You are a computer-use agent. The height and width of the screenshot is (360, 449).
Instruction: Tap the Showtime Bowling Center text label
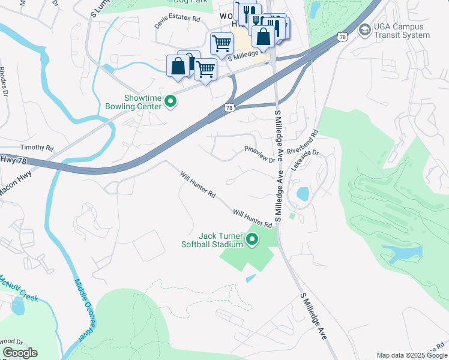tap(143, 102)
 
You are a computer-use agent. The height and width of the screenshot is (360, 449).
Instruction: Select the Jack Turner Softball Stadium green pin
tap(252, 240)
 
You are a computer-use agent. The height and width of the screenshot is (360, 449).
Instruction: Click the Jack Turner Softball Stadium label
tap(212, 240)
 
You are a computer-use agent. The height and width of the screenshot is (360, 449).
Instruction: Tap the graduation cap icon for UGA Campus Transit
tap(364, 30)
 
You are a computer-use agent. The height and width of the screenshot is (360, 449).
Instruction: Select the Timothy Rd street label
tap(37, 148)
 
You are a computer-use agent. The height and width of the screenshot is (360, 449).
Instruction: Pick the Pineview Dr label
tap(259, 155)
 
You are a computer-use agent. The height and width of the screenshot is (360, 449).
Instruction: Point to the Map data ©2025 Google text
tap(411, 355)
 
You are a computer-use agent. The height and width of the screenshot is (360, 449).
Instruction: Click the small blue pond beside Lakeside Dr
tap(303, 194)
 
